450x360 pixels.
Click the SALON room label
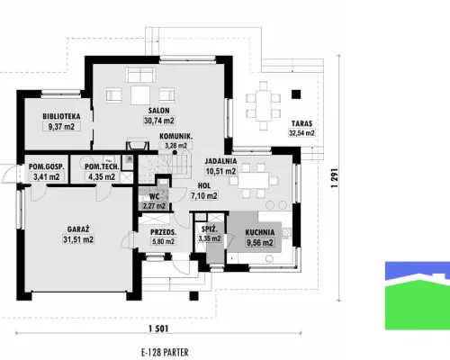(159, 111)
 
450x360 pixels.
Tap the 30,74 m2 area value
(159, 121)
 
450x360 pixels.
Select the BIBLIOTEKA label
(61, 116)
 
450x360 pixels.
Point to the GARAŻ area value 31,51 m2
(78, 239)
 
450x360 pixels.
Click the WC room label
(154, 197)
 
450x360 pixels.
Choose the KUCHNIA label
(260, 232)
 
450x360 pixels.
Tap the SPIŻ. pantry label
(210, 229)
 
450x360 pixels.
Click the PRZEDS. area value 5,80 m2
(163, 241)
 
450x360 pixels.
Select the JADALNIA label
(220, 161)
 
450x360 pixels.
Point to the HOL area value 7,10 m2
(204, 196)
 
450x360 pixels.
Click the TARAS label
(301, 123)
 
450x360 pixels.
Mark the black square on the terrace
(296, 94)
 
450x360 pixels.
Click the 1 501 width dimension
(158, 328)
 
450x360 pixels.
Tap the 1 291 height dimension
(335, 178)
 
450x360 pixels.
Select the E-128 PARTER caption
(165, 352)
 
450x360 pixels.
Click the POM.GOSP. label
(47, 166)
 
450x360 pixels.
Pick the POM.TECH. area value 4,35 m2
(102, 177)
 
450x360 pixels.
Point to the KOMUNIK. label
(176, 137)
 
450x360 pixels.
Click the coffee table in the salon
(140, 95)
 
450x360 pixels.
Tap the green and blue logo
(418, 296)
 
